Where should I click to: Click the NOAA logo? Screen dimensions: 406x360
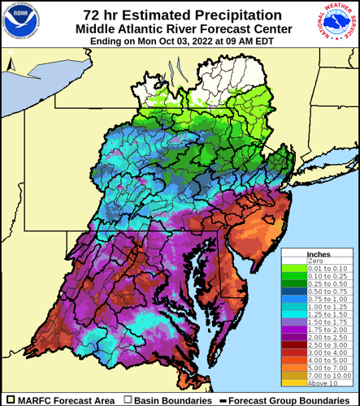pos(21,22)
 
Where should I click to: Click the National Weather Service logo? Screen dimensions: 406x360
pos(338,23)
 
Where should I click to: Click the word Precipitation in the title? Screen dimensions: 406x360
pos(223,14)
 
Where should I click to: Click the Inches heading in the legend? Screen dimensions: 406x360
pos(319,254)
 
